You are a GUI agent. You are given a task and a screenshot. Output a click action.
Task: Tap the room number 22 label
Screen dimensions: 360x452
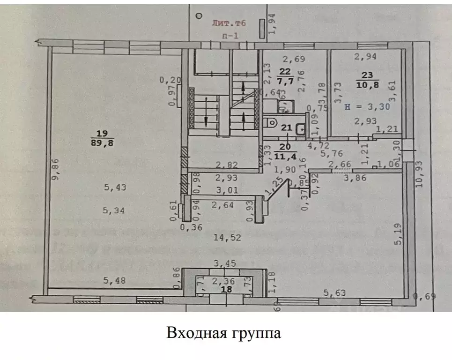coord(285,72)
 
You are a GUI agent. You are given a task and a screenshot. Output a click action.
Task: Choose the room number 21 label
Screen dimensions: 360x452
coord(286,127)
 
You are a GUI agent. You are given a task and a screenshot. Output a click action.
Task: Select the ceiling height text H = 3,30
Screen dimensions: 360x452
coord(367,106)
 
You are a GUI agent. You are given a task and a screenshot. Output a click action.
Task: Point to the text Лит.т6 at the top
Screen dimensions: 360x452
coord(229,22)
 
